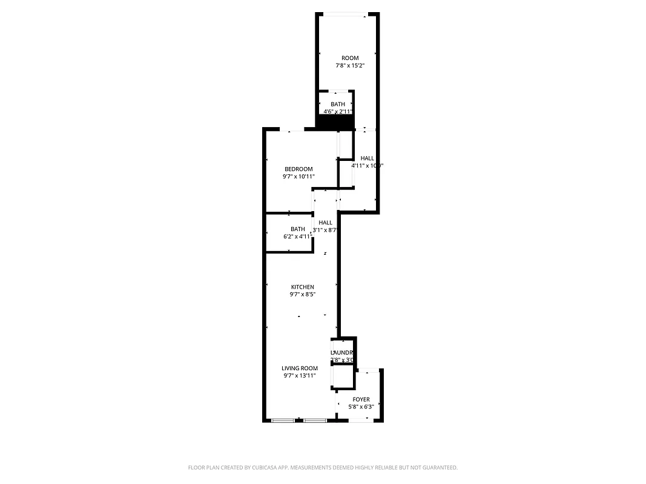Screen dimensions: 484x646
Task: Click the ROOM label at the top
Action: (x=350, y=58)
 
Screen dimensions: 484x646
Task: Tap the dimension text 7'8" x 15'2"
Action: (x=350, y=65)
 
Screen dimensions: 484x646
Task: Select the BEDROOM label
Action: (x=298, y=169)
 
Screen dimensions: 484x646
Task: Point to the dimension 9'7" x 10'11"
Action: (x=298, y=177)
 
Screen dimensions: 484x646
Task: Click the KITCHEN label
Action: (x=303, y=287)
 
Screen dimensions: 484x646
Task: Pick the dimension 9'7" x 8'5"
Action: (x=303, y=295)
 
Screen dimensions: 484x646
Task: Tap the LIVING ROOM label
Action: (x=300, y=368)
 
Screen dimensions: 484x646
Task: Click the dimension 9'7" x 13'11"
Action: (x=300, y=376)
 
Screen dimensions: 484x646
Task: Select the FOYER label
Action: (x=361, y=399)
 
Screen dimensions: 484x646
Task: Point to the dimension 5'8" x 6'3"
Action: (x=361, y=407)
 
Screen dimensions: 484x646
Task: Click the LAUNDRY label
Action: (x=343, y=353)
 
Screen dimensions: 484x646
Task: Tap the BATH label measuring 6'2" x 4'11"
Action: (x=298, y=229)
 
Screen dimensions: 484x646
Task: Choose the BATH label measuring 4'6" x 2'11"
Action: (x=338, y=104)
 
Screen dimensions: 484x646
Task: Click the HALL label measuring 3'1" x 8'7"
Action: (x=325, y=223)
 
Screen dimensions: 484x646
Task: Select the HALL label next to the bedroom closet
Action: (x=367, y=158)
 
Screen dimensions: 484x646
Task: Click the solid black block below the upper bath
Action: (x=335, y=122)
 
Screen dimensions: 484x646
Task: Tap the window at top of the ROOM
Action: (x=344, y=15)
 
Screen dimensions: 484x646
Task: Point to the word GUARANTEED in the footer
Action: (x=438, y=468)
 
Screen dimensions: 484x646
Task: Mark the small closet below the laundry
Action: (x=343, y=376)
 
